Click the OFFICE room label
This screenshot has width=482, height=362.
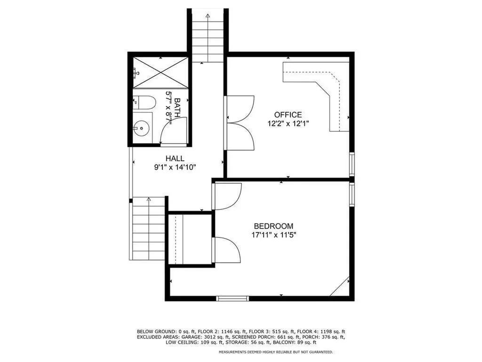point(288,115)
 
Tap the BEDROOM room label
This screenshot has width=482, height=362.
point(273,226)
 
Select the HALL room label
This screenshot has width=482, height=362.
point(175,158)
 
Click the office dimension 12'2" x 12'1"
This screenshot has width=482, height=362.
point(288,123)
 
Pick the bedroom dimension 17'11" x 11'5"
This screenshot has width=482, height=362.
point(273,234)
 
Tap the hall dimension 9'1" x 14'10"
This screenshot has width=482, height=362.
point(175,166)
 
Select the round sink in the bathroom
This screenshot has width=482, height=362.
point(140,127)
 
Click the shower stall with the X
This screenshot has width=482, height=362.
point(161,73)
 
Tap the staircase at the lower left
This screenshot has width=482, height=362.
point(149,229)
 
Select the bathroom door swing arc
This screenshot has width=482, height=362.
point(172,129)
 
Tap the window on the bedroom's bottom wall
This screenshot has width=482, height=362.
point(232,298)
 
